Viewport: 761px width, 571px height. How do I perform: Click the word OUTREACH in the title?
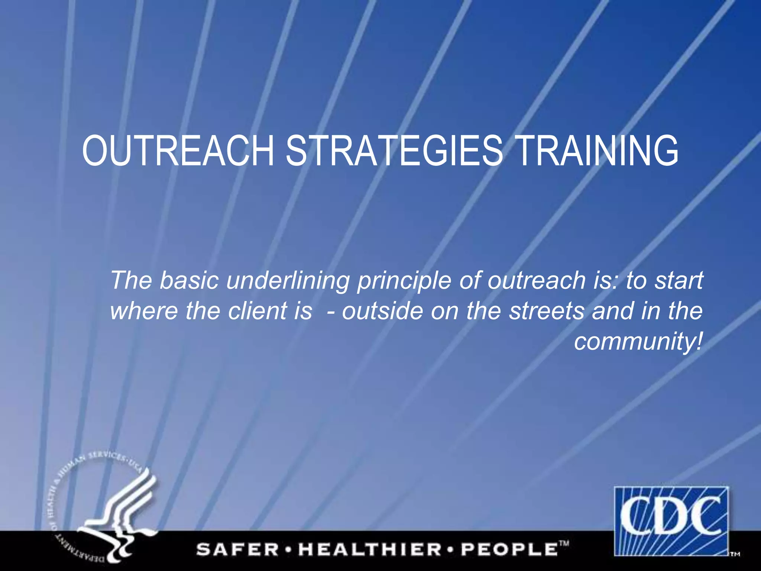[178, 151]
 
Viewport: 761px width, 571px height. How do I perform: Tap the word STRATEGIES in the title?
[394, 151]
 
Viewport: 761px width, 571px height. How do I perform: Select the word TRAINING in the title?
[598, 151]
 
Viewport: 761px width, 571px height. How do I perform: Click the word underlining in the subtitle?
[288, 281]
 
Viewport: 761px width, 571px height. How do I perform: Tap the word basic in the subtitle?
[189, 280]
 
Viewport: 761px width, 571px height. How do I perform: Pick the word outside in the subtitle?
[382, 311]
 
